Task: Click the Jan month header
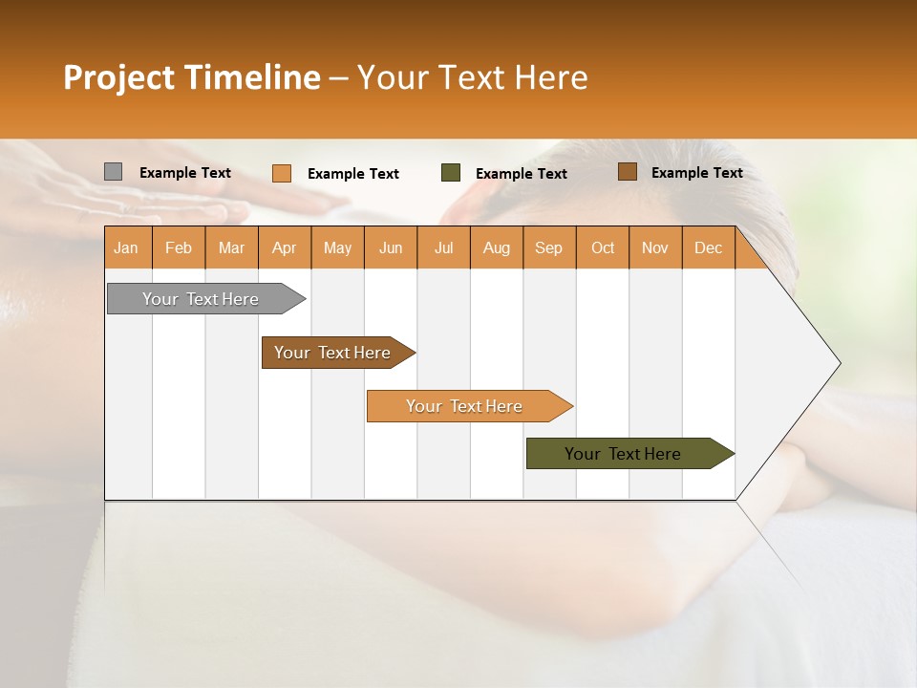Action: [x=126, y=247]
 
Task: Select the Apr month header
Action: [x=284, y=247]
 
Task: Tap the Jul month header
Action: [x=443, y=247]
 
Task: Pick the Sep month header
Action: [x=548, y=247]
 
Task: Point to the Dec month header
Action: [x=708, y=247]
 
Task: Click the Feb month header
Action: [x=179, y=247]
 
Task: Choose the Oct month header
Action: [x=602, y=247]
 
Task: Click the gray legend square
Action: [x=113, y=172]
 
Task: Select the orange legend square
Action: [x=281, y=173]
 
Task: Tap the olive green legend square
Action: [x=451, y=172]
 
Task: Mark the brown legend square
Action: [x=627, y=172]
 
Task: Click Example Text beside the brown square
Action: [x=696, y=172]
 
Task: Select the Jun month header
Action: [x=390, y=247]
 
